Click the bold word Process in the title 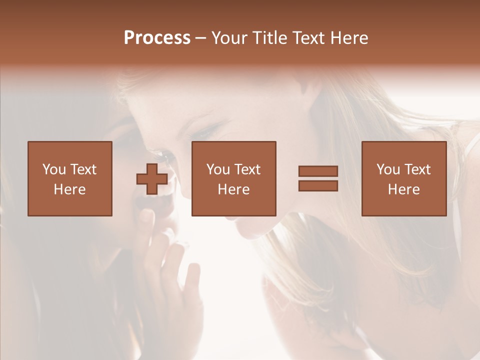tap(157, 38)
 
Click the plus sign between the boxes tap(152, 179)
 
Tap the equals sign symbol tap(318, 178)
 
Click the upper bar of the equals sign tap(318, 171)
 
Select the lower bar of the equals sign tap(318, 185)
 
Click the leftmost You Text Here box tap(70, 178)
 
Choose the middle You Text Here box tap(234, 178)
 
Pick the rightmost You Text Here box tap(404, 178)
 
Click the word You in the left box tap(53, 169)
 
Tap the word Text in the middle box tap(247, 169)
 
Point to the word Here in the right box tap(404, 189)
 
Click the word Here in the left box tap(70, 189)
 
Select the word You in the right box tap(387, 169)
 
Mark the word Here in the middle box tap(234, 189)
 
